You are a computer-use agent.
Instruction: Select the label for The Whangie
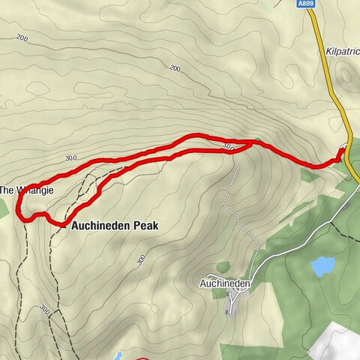pyautogui.click(x=26, y=190)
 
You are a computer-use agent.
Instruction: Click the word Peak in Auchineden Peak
pyautogui.click(x=143, y=224)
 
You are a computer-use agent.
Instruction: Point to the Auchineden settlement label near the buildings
pyautogui.click(x=224, y=283)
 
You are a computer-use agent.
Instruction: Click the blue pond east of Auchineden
pyautogui.click(x=323, y=265)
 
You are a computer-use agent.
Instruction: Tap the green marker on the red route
pyautogui.click(x=257, y=140)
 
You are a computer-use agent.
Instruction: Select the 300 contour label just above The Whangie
pyautogui.click(x=72, y=159)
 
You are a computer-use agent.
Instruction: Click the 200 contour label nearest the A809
pyautogui.click(x=175, y=69)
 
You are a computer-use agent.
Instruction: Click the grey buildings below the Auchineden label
pyautogui.click(x=229, y=301)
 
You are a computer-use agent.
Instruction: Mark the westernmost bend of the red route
pyautogui.click(x=20, y=215)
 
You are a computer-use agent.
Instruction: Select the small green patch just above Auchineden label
pyautogui.click(x=222, y=267)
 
